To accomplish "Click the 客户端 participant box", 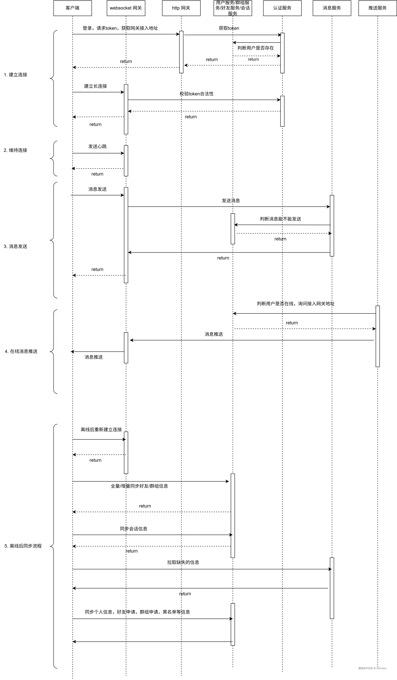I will click(73, 8).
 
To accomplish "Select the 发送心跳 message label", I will click(97, 147).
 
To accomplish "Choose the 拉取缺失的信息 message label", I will click(183, 562).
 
